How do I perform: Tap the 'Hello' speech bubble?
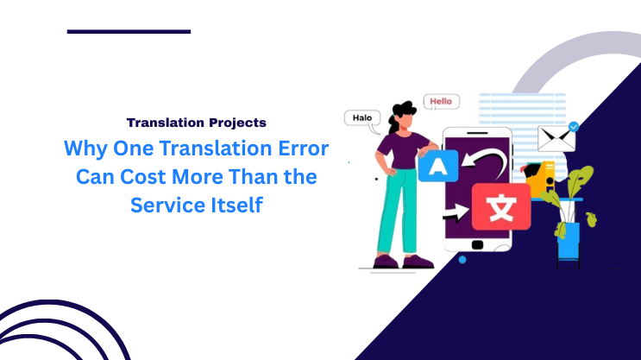pos(440,102)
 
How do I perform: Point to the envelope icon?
pos(556,138)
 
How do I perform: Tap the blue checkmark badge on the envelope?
pos(573,126)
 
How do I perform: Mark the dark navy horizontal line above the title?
pos(129,31)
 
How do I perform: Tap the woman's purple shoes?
pos(401,262)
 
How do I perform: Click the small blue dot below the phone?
pos(462,259)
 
